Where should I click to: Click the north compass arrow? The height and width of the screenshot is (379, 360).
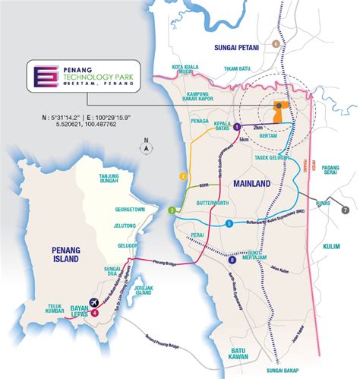(144, 150)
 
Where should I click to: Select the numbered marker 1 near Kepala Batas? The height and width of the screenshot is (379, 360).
(236, 126)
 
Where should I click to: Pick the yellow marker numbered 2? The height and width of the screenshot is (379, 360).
(183, 176)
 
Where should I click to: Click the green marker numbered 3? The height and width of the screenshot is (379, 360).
(172, 210)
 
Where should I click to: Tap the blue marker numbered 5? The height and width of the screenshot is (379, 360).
(229, 223)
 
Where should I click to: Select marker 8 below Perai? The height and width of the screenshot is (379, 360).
(232, 262)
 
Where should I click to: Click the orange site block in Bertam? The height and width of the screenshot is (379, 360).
(284, 112)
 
